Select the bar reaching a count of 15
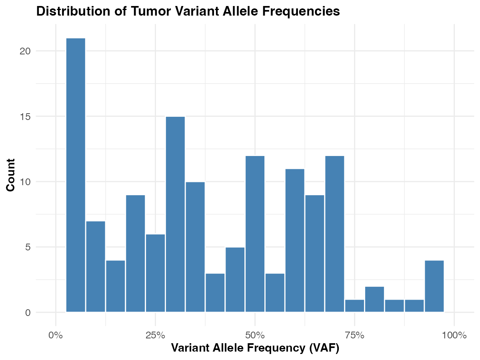175,214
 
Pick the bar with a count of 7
96,266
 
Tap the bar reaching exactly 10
195,247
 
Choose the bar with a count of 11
295,240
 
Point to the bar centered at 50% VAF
255,234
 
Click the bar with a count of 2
374,299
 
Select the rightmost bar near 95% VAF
434,286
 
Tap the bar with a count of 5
235,280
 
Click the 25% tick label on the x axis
155,335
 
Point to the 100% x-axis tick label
454,335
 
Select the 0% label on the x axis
56,335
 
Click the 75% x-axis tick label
355,335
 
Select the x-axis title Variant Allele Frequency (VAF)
255,348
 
